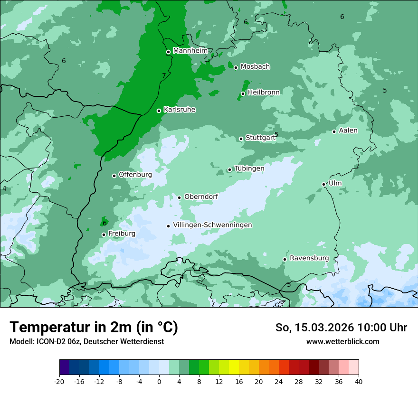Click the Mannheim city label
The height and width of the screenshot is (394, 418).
click(190, 51)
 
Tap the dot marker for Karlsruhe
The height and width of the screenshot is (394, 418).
click(159, 111)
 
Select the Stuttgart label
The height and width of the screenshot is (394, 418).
click(260, 138)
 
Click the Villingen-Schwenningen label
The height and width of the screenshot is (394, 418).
click(212, 225)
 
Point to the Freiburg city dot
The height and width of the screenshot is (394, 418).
click(104, 235)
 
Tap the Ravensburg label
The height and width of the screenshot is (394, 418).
click(309, 258)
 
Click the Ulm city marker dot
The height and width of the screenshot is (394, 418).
click(324, 184)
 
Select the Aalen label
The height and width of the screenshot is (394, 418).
click(348, 131)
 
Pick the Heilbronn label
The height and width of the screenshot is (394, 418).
click(264, 93)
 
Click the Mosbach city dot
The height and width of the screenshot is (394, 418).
click(236, 67)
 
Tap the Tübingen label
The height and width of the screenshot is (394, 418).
click(249, 169)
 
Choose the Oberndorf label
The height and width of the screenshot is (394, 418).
click(201, 197)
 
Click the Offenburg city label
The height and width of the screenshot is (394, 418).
click(135, 175)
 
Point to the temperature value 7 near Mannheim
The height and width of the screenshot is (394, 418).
click(164, 75)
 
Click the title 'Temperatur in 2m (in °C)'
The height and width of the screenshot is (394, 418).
click(94, 328)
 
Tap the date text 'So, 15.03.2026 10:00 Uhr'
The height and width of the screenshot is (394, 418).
click(341, 328)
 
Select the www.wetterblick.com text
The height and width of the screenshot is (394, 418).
click(342, 342)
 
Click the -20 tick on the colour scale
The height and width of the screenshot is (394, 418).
click(59, 382)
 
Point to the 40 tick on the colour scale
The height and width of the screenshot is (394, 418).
click(358, 382)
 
